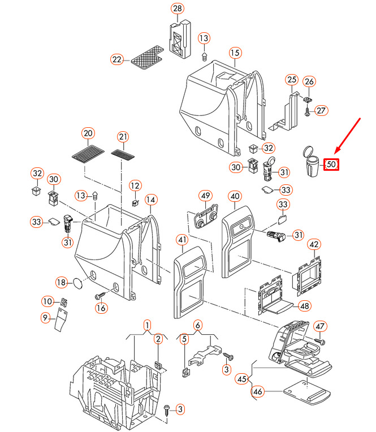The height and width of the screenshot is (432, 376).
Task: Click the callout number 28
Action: point(178,8)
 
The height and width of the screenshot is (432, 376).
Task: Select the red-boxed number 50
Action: point(332,165)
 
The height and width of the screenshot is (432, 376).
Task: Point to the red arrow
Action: point(348,135)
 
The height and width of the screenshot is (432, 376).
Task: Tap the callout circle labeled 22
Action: point(117,59)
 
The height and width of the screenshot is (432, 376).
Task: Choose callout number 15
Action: point(235,53)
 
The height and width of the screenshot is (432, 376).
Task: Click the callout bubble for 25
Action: point(291,79)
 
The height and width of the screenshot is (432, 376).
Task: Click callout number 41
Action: point(182,241)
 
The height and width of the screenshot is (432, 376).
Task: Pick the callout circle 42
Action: point(314,244)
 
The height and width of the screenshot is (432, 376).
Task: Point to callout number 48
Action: point(305,306)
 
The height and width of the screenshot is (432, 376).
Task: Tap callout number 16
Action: point(101,308)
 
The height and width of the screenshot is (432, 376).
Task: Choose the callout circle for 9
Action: point(45,319)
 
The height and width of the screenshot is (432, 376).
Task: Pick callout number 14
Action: point(150,200)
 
